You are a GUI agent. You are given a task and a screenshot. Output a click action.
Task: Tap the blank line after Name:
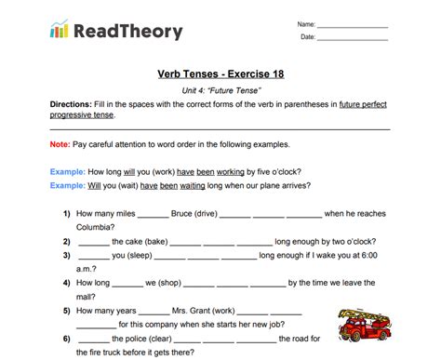(x=353, y=23)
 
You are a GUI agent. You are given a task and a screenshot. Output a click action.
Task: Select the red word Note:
(x=60, y=146)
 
